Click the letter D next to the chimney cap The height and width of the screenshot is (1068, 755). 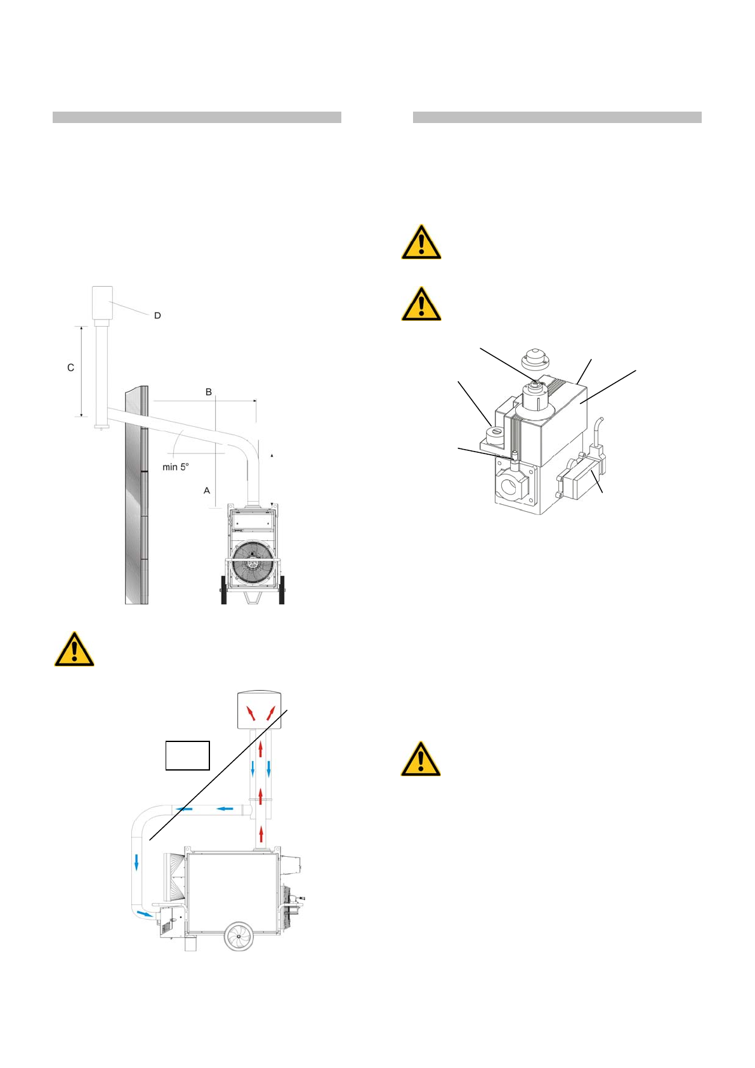(157, 315)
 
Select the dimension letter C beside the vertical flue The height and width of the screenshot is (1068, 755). (70, 368)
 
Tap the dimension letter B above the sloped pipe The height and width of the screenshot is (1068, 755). (208, 392)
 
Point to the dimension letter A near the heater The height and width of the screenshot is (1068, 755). (206, 490)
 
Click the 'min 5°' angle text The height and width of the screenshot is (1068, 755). (176, 467)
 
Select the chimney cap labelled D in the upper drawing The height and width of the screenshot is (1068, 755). (102, 303)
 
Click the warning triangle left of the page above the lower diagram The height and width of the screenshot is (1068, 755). (74, 650)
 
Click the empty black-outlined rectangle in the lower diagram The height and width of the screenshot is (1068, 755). (188, 755)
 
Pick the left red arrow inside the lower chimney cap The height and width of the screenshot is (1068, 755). (252, 713)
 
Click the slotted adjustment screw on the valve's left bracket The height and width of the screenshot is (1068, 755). (496, 433)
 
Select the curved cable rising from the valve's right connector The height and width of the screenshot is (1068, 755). (599, 431)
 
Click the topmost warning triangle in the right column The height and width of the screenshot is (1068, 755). (421, 243)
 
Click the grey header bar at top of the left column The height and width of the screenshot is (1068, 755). (197, 117)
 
